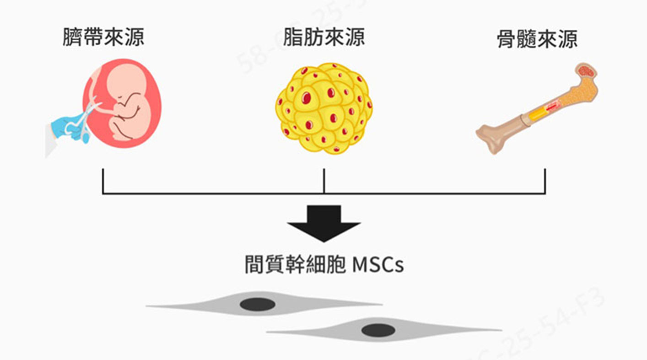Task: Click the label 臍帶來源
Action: click(103, 37)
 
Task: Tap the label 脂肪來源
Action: click(324, 37)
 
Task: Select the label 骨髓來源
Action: click(537, 39)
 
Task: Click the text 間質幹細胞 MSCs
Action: click(324, 265)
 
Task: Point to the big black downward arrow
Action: click(324, 223)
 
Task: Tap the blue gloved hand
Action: click(64, 124)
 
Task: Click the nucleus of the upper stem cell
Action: click(258, 304)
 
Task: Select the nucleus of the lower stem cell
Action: click(378, 330)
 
